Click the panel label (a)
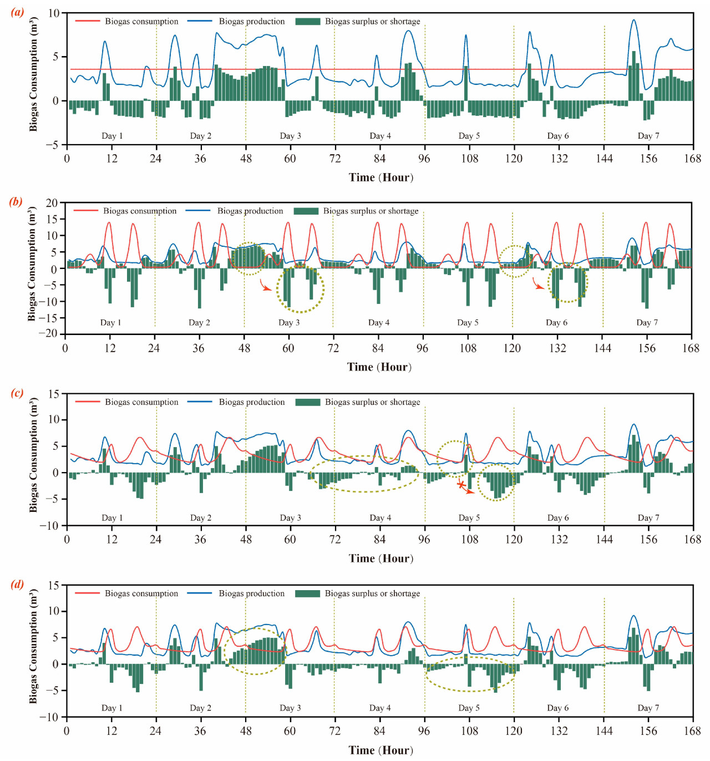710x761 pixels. pos(17,12)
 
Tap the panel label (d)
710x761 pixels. pos(17,584)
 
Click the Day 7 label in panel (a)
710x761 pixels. pos(648,136)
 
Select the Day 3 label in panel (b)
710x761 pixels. pos(289,323)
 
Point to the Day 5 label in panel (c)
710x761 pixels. pos(469,518)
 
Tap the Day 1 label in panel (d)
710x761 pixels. pos(112,708)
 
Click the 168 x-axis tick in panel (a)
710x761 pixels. pos(692,159)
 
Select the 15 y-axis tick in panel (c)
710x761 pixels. pos(54,394)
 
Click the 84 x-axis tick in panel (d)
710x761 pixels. pos(379,731)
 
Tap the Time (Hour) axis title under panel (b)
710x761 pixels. pos(379,367)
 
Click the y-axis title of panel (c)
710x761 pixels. pos(33,455)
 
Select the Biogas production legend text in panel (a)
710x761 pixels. pos(251,22)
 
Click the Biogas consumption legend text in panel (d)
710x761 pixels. pos(141,593)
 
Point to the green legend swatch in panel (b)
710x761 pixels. pos(306,211)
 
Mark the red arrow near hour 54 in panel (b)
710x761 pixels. pos(266,285)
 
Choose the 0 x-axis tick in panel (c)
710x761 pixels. pos(67,540)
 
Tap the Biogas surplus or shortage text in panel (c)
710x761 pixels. pos(372,402)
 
